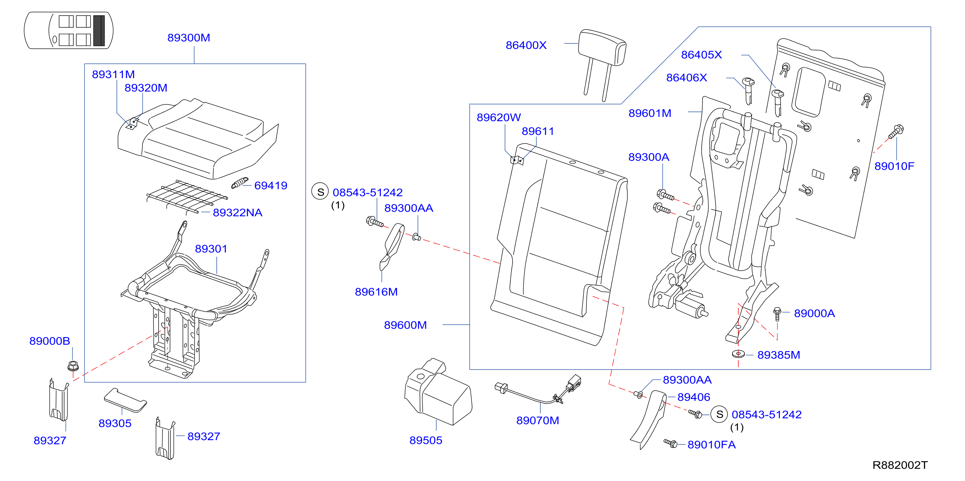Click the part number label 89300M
tap(188, 38)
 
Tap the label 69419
tap(271, 185)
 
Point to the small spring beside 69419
tap(240, 183)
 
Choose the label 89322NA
tap(237, 213)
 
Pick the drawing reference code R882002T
tap(900, 465)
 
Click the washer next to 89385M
tap(738, 354)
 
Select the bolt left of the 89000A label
tap(777, 314)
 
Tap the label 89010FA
tap(711, 445)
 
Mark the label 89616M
tap(376, 292)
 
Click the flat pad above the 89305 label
tap(125, 400)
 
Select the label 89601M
tap(650, 113)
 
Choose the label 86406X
tap(686, 77)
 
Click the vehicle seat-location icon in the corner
tap(68, 30)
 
